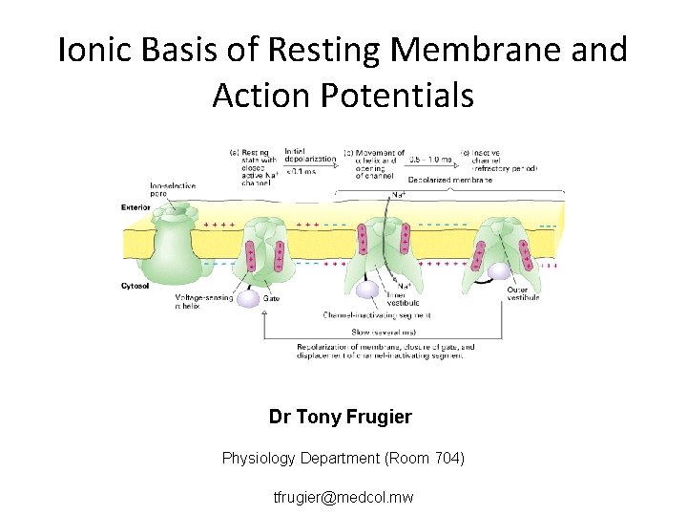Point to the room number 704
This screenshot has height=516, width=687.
point(442,459)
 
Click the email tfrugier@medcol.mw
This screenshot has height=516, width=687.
point(343,498)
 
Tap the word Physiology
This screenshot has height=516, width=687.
point(261,459)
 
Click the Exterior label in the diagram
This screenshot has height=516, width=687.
point(135,206)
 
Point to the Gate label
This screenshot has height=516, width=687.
point(271,298)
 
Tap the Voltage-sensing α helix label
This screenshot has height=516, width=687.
point(200,302)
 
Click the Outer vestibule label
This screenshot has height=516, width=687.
point(524,293)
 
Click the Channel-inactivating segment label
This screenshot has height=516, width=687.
point(377,313)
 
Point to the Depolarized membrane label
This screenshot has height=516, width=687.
point(449,179)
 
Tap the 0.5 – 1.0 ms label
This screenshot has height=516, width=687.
point(430,159)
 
